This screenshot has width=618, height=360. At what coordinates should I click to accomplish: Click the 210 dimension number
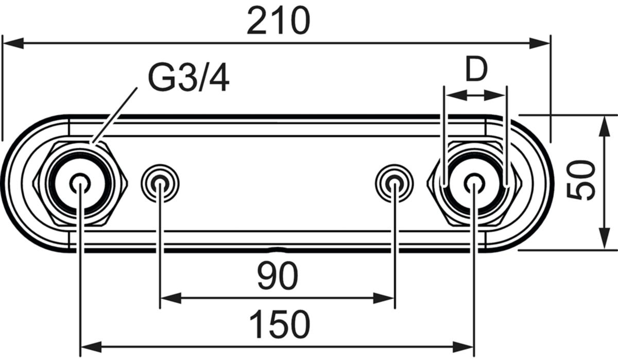(278, 22)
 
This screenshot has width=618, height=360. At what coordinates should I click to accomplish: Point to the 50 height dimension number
(581, 180)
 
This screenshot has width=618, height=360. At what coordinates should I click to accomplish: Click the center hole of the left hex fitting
(79, 182)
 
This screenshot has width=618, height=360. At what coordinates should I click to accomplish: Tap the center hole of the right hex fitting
(473, 182)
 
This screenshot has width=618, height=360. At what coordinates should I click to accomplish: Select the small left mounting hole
(160, 183)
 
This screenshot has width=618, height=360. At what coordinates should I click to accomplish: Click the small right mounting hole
(394, 183)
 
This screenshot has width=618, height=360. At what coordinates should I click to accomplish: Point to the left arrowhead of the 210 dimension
(12, 43)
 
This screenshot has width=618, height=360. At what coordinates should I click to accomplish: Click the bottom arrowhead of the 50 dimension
(602, 240)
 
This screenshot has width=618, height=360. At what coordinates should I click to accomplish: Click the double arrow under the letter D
(475, 95)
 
